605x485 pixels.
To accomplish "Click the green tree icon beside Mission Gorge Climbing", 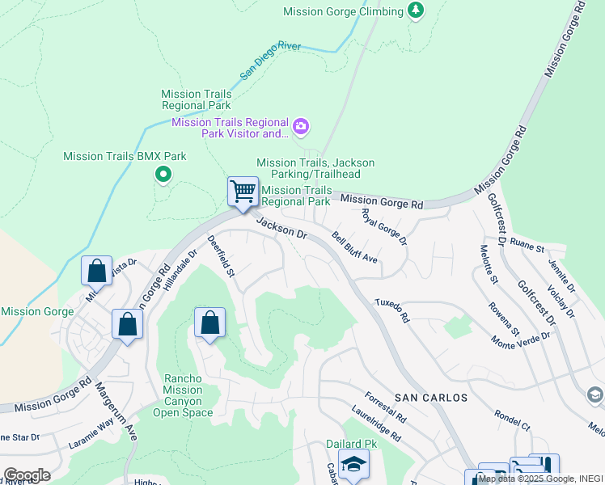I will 416,11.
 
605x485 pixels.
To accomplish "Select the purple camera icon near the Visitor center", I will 301,126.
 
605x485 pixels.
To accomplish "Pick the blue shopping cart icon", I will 243,192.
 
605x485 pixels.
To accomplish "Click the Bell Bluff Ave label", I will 355,247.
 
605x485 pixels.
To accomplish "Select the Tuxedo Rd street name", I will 391,310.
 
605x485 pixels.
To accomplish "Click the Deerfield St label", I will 220,256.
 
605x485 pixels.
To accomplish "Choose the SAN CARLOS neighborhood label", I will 431,398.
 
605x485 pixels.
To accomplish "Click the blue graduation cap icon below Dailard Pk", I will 353,465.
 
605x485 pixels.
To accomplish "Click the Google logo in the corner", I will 27,474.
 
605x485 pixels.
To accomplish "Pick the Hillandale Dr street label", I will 180,269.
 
